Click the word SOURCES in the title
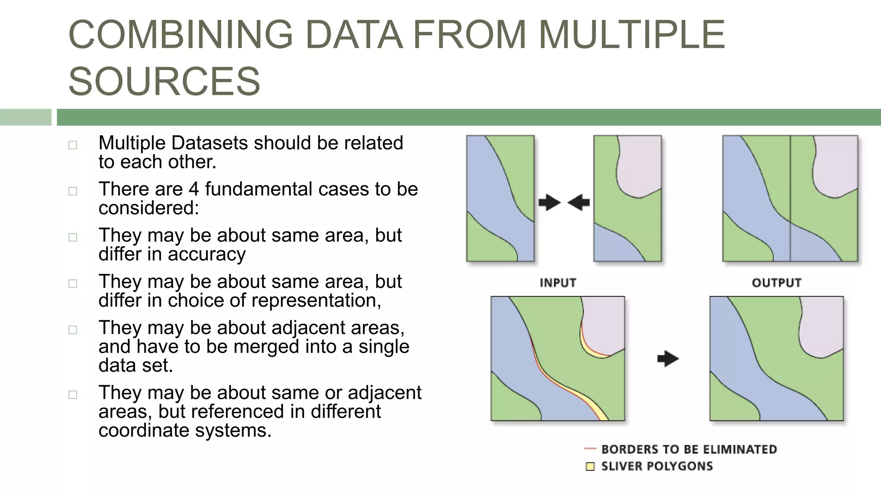pos(164,81)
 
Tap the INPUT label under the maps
pos(558,283)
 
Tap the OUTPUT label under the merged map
pos(776,283)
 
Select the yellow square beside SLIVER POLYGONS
pos(590,466)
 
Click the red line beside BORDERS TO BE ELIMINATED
pos(590,449)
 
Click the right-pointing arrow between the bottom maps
pos(668,359)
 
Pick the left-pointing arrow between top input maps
pos(579,202)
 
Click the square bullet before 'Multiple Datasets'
pos(73,145)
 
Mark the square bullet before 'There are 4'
pos(73,191)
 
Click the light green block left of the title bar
pos(25,117)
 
